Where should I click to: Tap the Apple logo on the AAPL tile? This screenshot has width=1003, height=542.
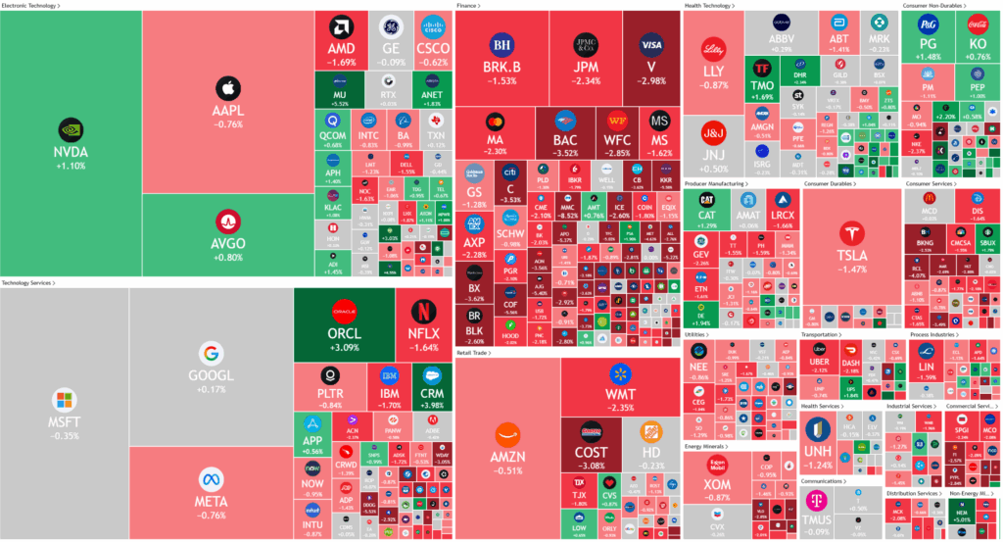(x=227, y=88)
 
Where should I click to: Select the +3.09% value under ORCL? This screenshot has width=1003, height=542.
(x=345, y=347)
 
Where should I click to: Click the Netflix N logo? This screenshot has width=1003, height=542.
(x=423, y=311)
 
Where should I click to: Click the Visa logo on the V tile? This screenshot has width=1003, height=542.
(x=650, y=45)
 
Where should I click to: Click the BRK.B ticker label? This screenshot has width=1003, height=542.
(x=501, y=67)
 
